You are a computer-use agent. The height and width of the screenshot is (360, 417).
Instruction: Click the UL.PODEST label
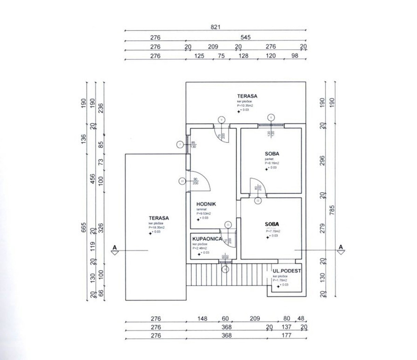[287, 271]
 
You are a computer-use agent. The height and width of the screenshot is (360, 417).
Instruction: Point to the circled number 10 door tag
[182, 181]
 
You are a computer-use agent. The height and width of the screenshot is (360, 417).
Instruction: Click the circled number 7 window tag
[180, 144]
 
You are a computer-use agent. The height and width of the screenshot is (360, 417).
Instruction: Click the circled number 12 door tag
[257, 201]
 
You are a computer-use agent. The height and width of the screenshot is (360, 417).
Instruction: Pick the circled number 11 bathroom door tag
[228, 225]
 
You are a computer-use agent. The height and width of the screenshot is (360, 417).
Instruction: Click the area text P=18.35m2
[156, 227]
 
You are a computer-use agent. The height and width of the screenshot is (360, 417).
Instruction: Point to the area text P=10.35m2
[245, 105]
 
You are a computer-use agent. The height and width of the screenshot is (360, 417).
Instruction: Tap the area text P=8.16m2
[272, 162]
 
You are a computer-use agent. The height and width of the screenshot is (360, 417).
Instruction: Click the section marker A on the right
[341, 247]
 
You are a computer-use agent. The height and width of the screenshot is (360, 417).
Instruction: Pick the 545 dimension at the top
[246, 37]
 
